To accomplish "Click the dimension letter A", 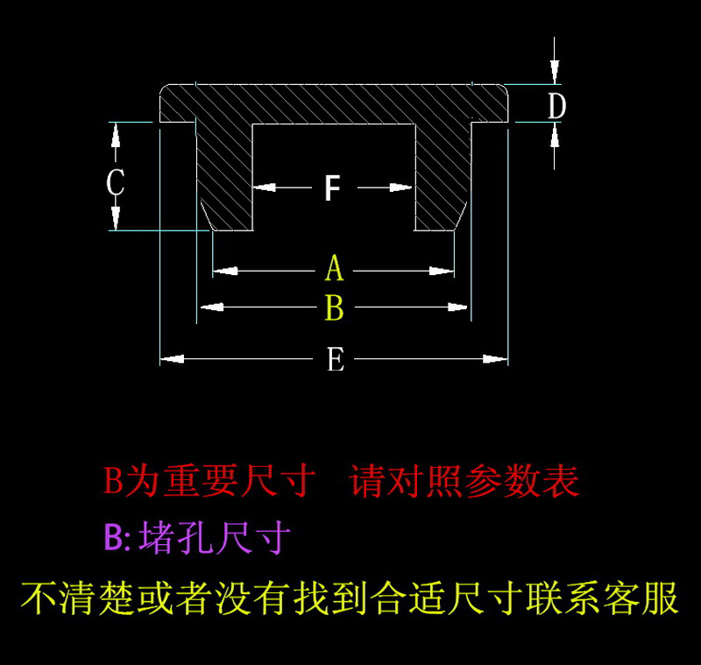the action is click(334, 269).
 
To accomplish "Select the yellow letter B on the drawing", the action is click(334, 308).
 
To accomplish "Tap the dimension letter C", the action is click(115, 184).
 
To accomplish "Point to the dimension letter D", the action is click(556, 106).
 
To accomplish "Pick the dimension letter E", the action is click(335, 359).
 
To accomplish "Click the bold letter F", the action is click(331, 187).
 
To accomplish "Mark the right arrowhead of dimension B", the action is click(459, 307).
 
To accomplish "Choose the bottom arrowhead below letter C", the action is click(115, 219).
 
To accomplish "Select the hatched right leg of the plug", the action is click(443, 175).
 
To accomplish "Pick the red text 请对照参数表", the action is click(464, 481).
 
